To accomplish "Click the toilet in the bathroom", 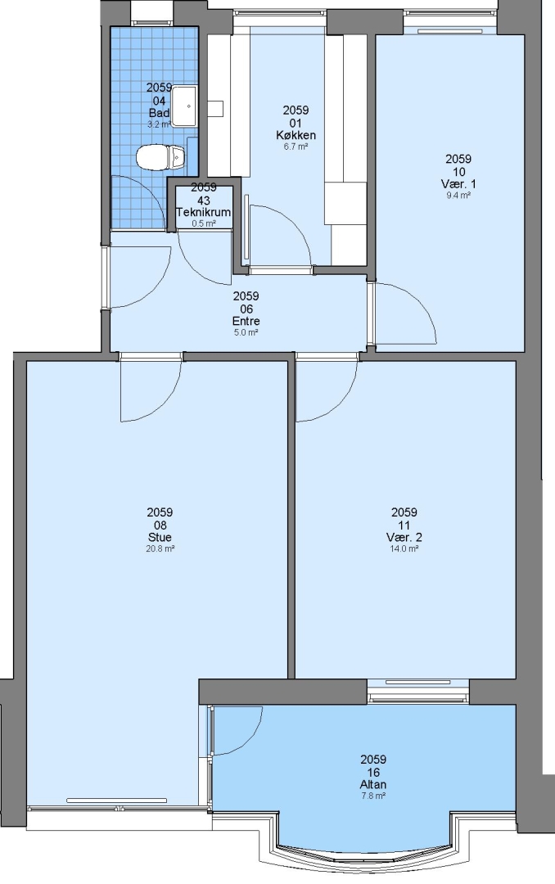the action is point(160,156).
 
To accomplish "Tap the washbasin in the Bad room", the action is point(184,106).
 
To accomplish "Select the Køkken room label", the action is point(296,135).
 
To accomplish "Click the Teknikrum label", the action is point(204,213).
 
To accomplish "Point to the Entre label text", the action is point(246,322).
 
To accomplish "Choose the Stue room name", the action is point(160,537).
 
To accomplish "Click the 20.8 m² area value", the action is point(160,548).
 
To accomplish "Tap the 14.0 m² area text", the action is point(404,548).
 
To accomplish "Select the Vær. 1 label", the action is point(458,184).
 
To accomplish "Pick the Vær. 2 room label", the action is point(404,537).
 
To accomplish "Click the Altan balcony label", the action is point(373,785).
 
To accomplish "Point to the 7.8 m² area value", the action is point(373,796).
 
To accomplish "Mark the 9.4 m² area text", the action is point(458,196).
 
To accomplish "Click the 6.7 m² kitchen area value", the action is point(296,147).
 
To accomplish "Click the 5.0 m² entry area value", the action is point(246,332).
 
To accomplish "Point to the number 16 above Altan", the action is point(373,773).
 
